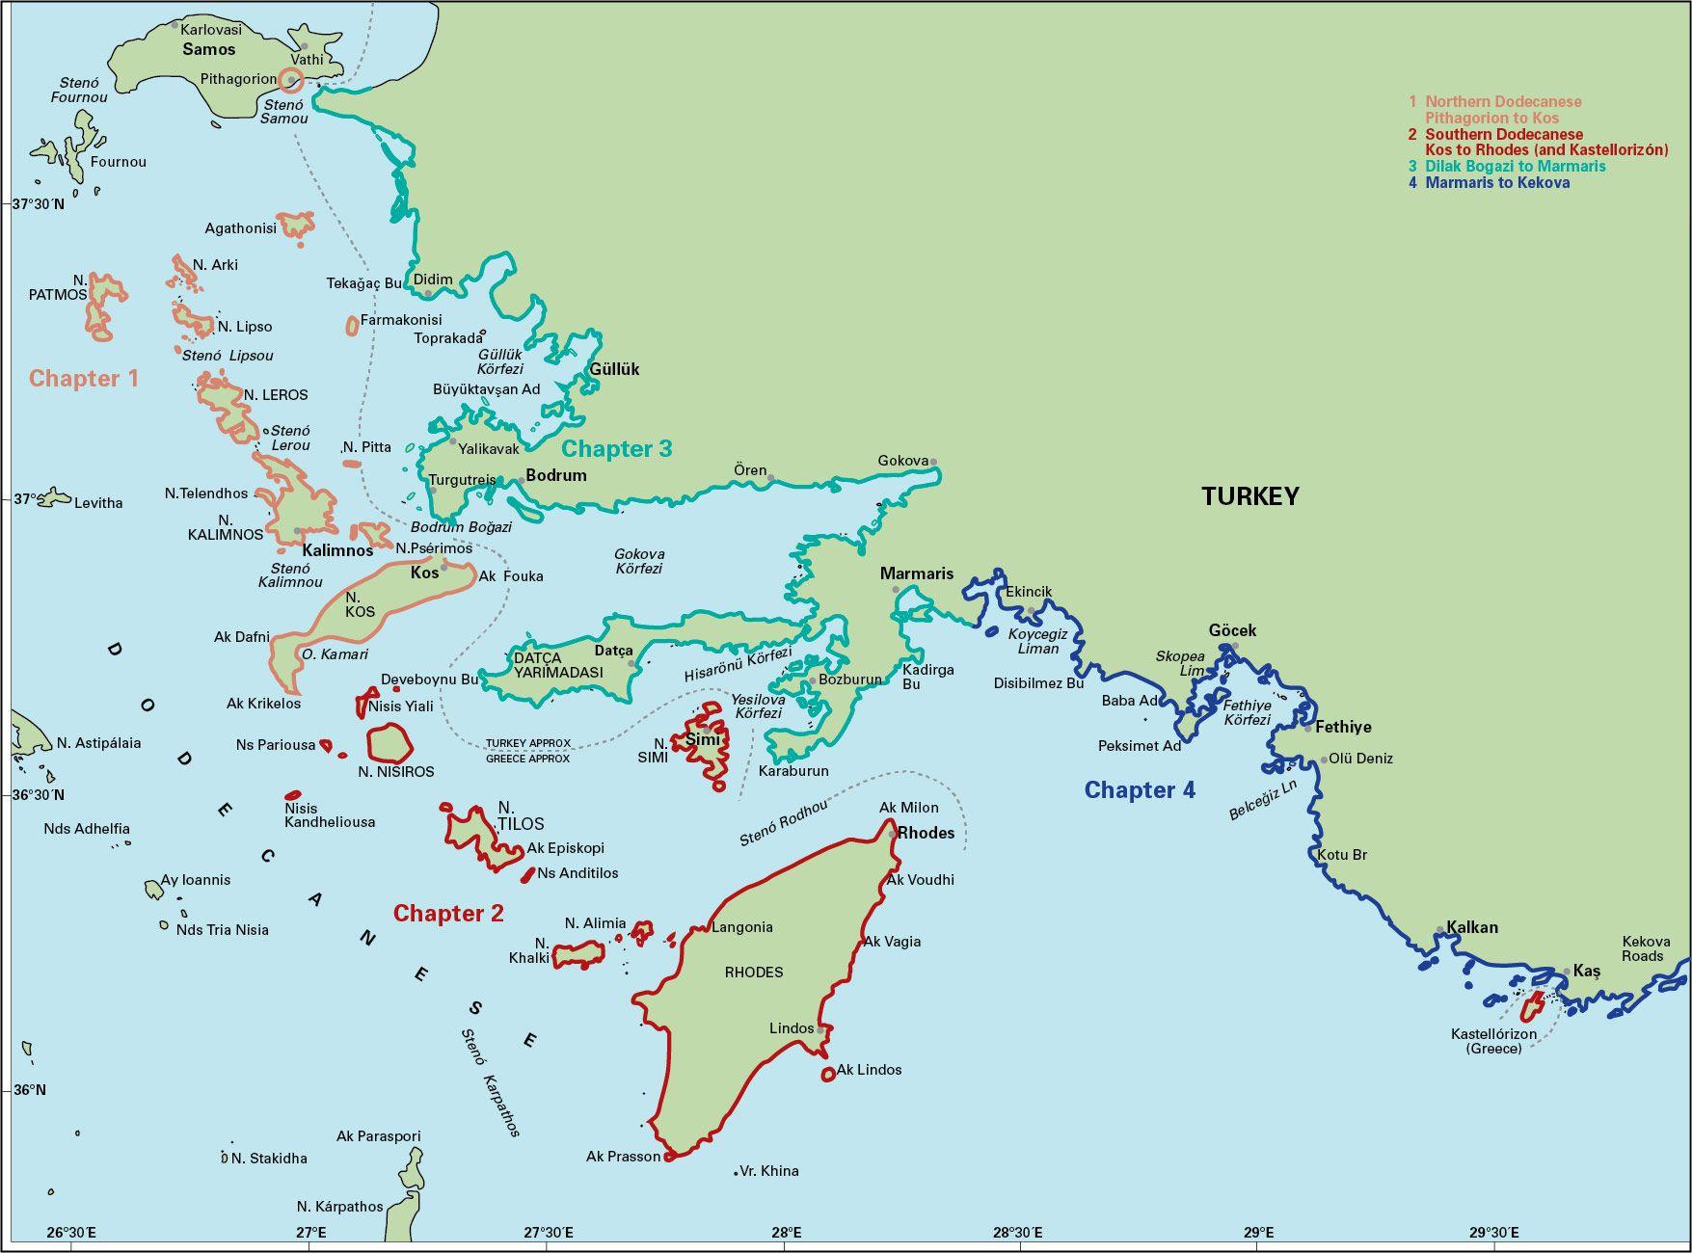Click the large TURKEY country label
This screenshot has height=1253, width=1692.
(1249, 496)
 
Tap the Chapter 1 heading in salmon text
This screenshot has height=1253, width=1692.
(84, 379)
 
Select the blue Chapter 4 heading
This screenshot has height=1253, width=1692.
(1140, 790)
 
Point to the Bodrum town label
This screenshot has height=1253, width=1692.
(555, 475)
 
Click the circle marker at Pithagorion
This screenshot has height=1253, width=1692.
(291, 80)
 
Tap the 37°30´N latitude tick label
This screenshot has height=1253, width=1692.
(39, 204)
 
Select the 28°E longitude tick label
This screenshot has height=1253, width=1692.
(786, 1233)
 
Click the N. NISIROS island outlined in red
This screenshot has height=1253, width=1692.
(389, 745)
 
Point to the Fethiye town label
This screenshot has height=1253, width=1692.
(1343, 727)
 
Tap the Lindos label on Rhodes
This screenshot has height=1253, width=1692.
(792, 1028)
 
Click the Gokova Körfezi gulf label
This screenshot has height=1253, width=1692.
(639, 561)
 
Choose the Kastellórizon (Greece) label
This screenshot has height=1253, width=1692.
(1493, 1041)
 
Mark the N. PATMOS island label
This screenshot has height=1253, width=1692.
(60, 287)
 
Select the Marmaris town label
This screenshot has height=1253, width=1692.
(916, 573)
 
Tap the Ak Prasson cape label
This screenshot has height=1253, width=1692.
(623, 1156)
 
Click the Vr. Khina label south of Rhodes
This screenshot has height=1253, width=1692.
(768, 1171)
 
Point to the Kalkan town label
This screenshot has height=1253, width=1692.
(1472, 927)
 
